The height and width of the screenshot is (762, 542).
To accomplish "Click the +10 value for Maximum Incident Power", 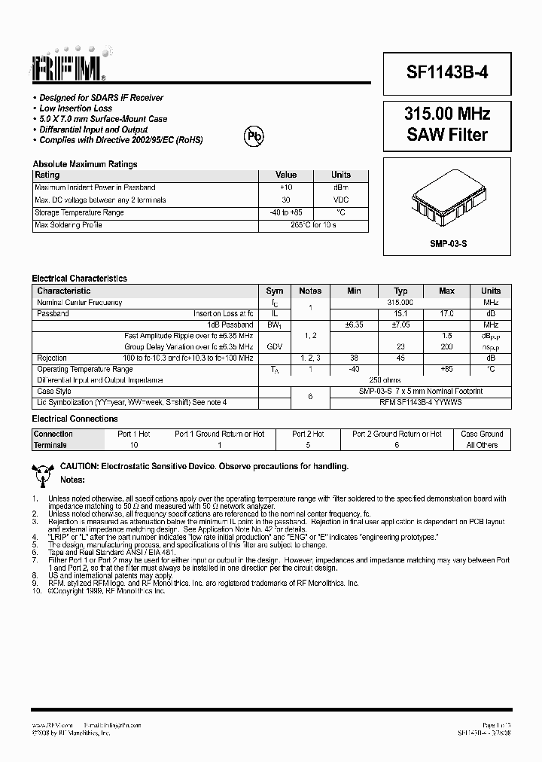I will tap(286, 187).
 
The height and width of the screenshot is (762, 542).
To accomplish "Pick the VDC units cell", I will tap(341, 200).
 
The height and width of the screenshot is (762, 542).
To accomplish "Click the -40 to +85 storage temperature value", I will tap(286, 213).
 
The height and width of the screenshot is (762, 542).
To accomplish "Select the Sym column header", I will tap(275, 291).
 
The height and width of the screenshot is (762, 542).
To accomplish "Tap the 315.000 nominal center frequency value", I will tap(401, 302).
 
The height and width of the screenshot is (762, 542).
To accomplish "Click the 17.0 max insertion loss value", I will tap(446, 313).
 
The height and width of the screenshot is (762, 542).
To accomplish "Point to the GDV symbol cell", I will tap(275, 346).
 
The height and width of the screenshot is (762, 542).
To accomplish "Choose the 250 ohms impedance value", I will tap(385, 380).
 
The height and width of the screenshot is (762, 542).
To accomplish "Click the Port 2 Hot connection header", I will tap(308, 434).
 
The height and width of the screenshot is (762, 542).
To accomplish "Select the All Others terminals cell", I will tap(482, 445).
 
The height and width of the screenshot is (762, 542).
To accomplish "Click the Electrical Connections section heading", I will tap(75, 419).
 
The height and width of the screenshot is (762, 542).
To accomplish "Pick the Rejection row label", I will tap(52, 358).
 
